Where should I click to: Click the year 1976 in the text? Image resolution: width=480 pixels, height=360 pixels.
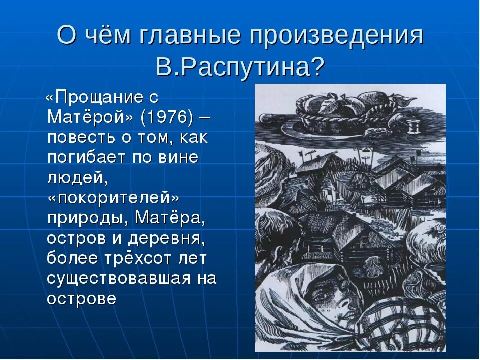coord(167,117)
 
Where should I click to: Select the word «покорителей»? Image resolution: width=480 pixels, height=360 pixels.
coord(114,198)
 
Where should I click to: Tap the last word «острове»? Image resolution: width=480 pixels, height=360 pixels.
coord(82,298)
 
